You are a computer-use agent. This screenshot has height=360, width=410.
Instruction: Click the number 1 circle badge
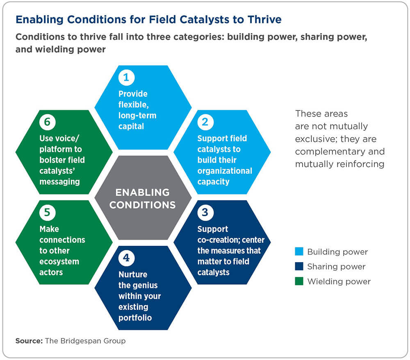click(126, 77)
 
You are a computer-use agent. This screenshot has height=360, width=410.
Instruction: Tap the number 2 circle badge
click(205, 122)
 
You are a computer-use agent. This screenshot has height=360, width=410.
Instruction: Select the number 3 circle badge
click(205, 213)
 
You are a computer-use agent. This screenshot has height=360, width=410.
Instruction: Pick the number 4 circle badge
click(126, 258)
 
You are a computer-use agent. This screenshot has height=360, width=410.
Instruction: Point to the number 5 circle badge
click(47, 213)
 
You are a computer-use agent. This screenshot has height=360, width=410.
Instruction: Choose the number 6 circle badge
click(47, 122)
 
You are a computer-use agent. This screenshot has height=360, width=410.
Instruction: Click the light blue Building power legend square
click(299, 251)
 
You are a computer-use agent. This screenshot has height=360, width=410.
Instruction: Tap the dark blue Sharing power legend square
click(299, 266)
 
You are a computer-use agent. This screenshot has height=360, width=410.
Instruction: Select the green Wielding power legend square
click(299, 281)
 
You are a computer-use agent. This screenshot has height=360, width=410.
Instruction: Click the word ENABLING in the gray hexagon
click(143, 192)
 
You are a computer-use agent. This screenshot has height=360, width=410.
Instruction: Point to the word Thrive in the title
click(264, 20)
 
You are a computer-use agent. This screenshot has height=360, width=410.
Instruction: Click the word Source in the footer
click(28, 341)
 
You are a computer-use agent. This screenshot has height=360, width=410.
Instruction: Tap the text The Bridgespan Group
click(85, 341)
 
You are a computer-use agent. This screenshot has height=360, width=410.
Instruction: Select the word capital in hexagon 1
click(131, 127)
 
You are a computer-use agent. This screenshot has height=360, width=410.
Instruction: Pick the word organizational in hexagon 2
click(225, 171)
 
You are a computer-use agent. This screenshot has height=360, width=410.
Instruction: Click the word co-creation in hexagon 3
click(219, 240)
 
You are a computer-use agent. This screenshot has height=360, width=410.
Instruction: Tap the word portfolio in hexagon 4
click(135, 318)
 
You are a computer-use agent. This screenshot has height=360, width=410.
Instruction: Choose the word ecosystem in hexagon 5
click(59, 262)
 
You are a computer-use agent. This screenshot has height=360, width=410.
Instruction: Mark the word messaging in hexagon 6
click(59, 182)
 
